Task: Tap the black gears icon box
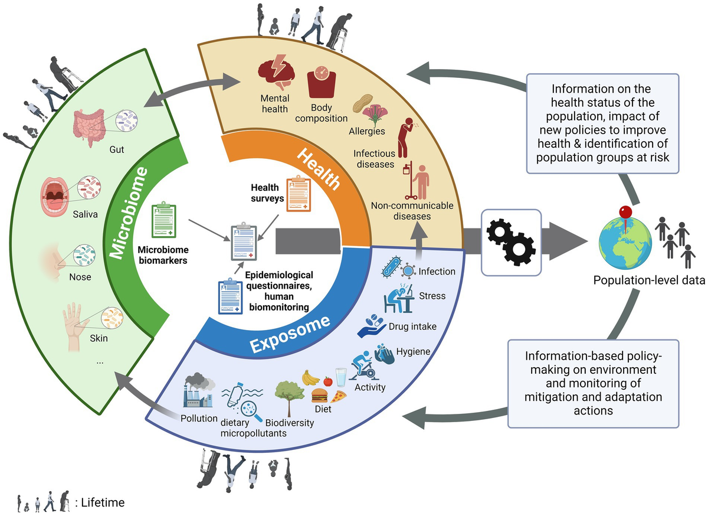click(x=512, y=242)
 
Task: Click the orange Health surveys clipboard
click(x=298, y=194)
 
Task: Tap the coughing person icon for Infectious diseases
click(x=407, y=136)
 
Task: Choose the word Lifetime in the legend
click(x=101, y=502)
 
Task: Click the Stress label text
click(x=431, y=295)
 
